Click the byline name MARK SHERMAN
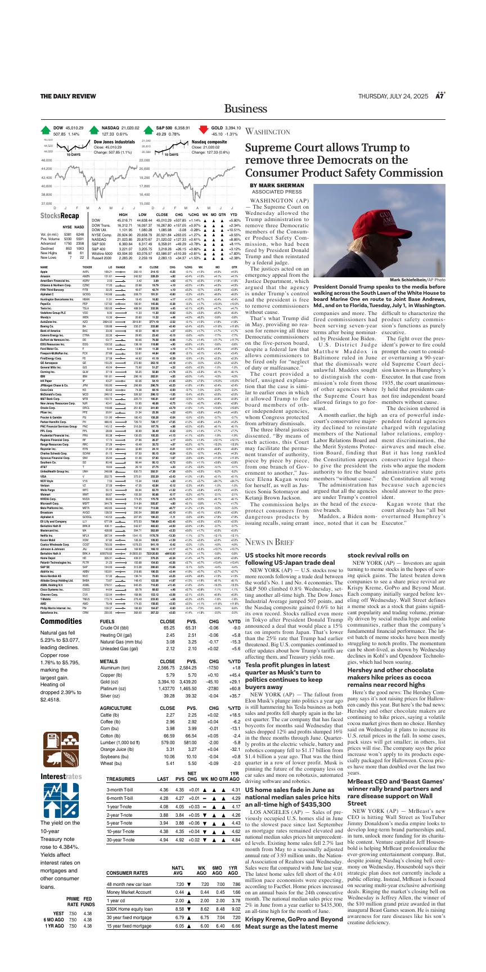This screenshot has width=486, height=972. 277,185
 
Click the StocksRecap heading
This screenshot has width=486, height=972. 60,216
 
